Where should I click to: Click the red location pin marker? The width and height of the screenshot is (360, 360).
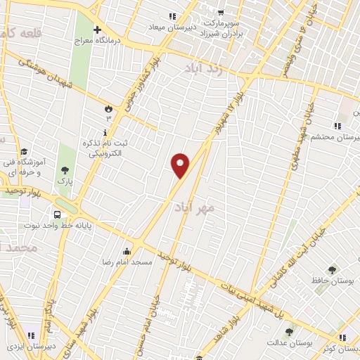181,165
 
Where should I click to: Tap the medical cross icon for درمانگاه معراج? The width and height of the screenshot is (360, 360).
97,30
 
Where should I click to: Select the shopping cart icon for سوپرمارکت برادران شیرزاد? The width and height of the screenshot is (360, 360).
220,12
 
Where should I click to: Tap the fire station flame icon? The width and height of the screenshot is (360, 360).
108,108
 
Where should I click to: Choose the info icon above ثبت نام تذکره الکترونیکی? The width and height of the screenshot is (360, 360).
106,131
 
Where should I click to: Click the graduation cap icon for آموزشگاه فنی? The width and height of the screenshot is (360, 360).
23,151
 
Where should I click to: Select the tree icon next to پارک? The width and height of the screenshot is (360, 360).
65,169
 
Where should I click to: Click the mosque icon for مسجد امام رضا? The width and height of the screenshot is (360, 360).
127,251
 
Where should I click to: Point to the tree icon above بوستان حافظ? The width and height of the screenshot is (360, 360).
332,269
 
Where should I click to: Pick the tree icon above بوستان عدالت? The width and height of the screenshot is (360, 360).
289,332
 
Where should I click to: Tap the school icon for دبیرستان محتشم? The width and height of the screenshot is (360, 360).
338,126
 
